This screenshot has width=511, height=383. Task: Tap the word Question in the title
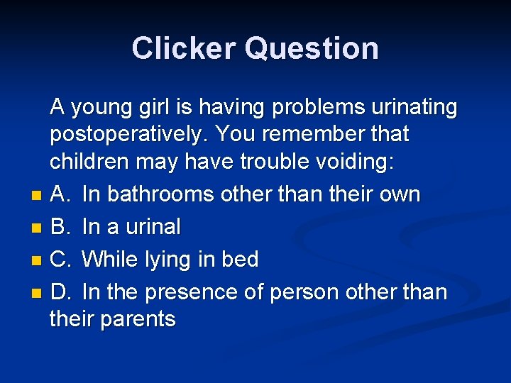[312, 48]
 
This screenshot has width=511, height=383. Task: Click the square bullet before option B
[36, 228]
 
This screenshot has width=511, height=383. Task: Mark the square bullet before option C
[36, 261]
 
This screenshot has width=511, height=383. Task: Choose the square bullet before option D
[36, 294]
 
